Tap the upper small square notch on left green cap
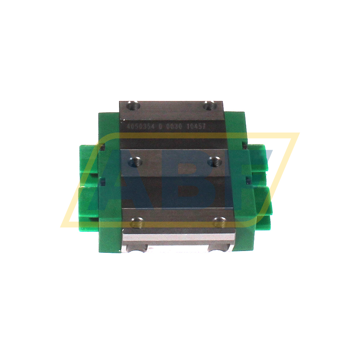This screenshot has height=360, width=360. (102, 147)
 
